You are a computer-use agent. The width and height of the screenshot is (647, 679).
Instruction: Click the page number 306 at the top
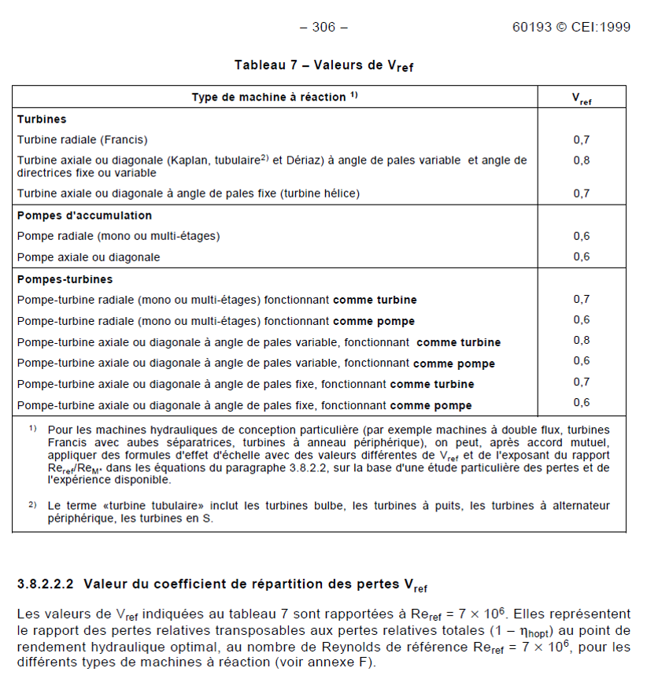click(x=323, y=28)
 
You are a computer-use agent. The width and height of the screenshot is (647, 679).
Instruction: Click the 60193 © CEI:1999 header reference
click(x=571, y=28)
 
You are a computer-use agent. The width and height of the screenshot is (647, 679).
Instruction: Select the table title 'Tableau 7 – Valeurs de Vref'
click(x=323, y=65)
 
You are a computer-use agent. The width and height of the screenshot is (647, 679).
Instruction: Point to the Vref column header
click(x=582, y=98)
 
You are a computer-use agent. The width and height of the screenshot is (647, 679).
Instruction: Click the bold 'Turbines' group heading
click(x=42, y=120)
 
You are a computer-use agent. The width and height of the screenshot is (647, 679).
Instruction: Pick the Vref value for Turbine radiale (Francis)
click(x=582, y=140)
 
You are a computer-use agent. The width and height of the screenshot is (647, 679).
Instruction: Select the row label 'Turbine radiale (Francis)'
click(x=82, y=140)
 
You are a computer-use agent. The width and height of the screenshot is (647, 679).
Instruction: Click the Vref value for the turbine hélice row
click(x=582, y=193)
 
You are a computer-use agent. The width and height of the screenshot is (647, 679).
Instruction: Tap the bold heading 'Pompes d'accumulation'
click(x=84, y=216)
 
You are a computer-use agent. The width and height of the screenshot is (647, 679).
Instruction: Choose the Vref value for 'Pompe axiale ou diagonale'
click(x=582, y=256)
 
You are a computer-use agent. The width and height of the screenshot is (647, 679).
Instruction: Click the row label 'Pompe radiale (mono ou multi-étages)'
click(x=118, y=236)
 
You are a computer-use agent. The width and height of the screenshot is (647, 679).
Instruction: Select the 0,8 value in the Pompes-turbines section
click(x=582, y=340)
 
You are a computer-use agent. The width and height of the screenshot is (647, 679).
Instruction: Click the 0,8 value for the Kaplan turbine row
click(x=582, y=161)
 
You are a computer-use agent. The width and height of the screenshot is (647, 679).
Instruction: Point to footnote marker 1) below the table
click(x=33, y=430)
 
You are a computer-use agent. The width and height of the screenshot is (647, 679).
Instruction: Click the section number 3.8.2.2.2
click(x=45, y=585)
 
